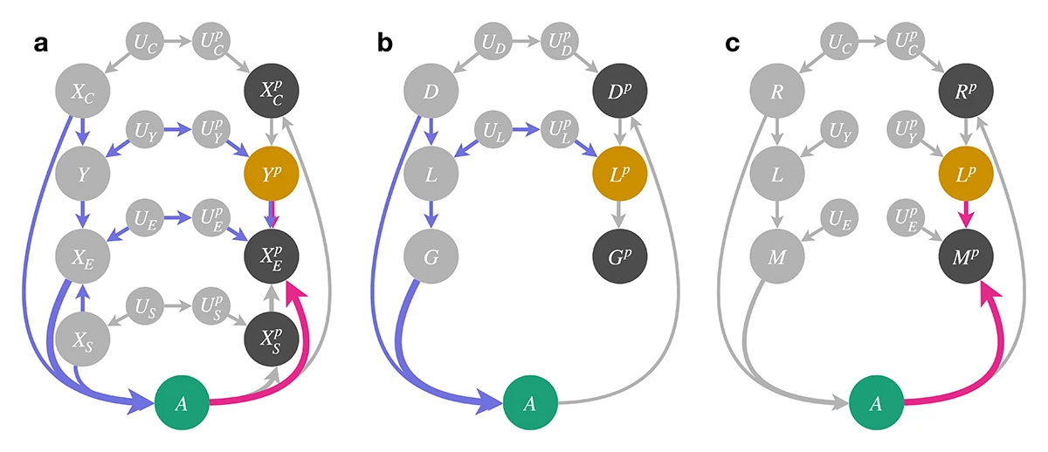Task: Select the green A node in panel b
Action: coord(529,404)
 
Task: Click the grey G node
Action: coord(429,256)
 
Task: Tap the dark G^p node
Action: coord(618,256)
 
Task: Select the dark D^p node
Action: coord(618,88)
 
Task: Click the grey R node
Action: coord(778,88)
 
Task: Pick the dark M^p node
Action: coord(968,256)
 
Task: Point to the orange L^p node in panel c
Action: coord(968,174)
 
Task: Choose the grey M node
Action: coord(778,256)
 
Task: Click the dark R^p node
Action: coord(968,88)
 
